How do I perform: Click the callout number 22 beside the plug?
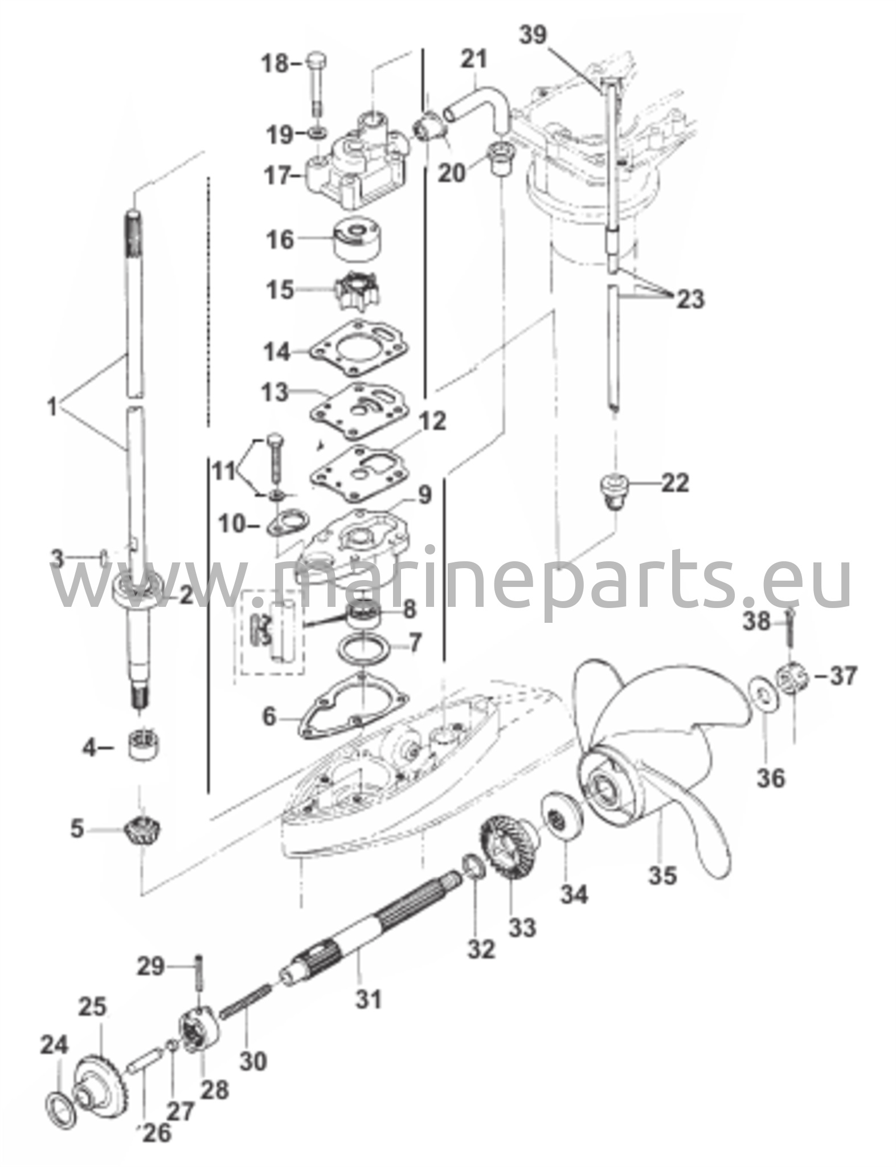point(674,483)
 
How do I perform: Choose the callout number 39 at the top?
point(533,35)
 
